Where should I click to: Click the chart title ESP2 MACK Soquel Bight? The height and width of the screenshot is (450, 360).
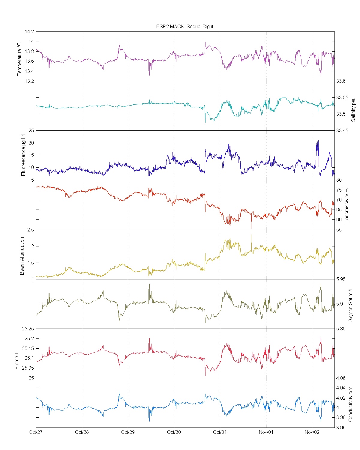click(184, 26)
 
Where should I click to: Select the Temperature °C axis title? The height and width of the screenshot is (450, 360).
click(19, 59)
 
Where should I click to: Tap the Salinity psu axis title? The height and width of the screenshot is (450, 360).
click(353, 109)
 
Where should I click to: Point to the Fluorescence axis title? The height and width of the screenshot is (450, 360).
click(23, 155)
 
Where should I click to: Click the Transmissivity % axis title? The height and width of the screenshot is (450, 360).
click(347, 206)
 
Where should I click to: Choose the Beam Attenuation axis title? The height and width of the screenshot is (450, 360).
click(22, 256)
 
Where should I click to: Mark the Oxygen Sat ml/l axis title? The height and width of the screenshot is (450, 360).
click(350, 306)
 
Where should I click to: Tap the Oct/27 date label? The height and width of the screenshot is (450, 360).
click(36, 432)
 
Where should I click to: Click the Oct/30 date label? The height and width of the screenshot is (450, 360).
click(174, 432)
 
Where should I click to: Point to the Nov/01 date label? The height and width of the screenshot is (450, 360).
click(266, 432)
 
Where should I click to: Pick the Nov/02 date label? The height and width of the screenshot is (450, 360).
click(312, 432)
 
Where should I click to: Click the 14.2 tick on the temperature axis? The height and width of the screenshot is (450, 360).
click(30, 31)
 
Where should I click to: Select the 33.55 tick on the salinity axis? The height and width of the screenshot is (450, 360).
click(342, 97)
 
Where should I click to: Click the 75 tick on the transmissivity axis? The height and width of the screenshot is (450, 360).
click(339, 190)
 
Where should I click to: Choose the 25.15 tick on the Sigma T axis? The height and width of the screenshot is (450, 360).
click(28, 348)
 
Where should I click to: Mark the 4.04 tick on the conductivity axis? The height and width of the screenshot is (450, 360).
click(341, 388)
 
